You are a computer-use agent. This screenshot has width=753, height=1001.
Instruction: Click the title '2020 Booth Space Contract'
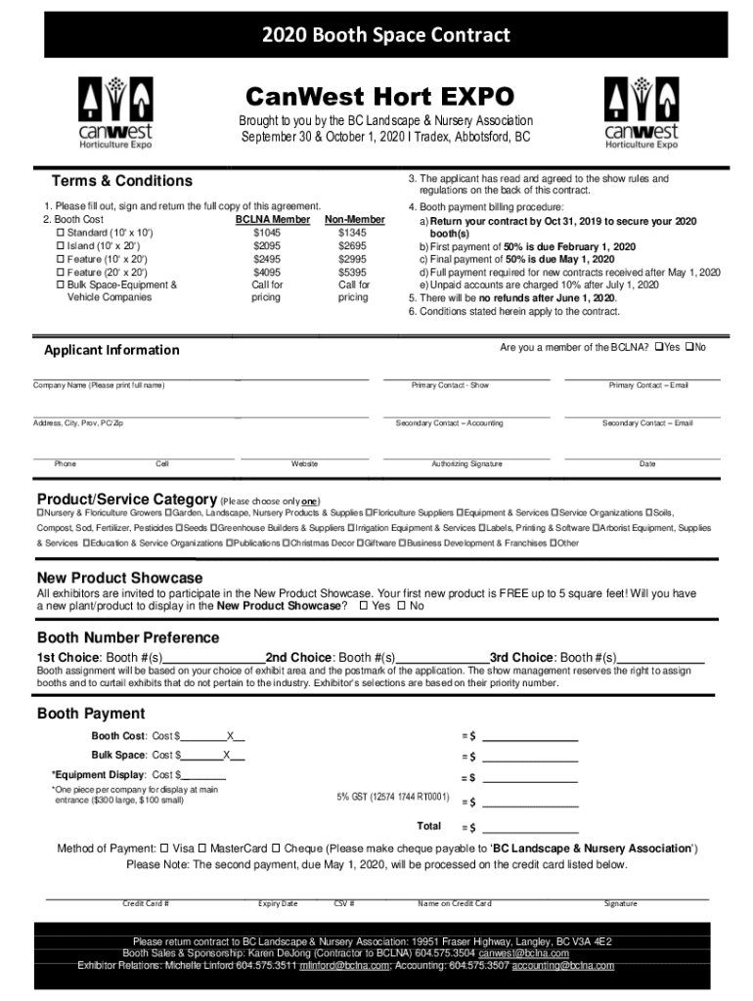pos(385,36)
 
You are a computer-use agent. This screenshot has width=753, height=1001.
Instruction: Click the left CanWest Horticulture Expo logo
pos(115,111)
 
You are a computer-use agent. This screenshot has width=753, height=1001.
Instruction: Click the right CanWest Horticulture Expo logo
pos(641,111)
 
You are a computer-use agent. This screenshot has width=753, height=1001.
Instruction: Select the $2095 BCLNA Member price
pos(266,246)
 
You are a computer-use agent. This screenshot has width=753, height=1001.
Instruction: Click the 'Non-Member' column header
pos(354,221)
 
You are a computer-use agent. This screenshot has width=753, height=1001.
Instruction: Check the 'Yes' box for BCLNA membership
pos(660,348)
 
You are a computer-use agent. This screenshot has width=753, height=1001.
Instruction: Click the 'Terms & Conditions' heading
pos(121,181)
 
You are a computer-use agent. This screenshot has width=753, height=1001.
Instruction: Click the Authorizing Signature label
pos(466,463)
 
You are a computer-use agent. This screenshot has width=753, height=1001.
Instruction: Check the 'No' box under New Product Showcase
pos(400,606)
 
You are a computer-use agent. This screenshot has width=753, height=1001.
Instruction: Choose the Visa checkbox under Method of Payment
pos(164,848)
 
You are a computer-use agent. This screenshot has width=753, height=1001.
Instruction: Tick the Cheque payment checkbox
pos(277,848)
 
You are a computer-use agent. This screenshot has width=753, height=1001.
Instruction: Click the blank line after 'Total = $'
pos(529,828)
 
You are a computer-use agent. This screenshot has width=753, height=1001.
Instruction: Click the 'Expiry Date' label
pos(278,904)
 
